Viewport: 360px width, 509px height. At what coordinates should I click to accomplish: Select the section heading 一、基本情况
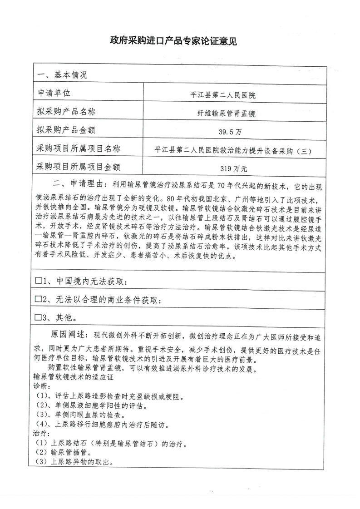click(x=62, y=74)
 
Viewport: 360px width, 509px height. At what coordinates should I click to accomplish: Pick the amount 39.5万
click(x=229, y=132)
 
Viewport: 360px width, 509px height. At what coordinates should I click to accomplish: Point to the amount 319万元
click(x=233, y=169)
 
